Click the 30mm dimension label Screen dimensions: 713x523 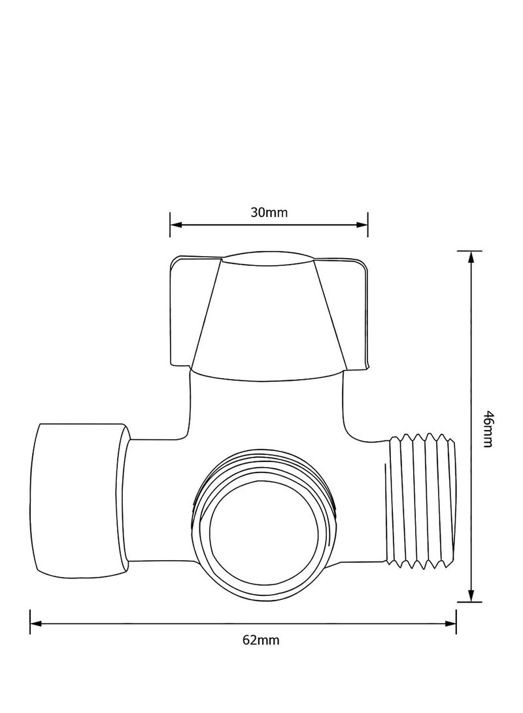pos(269,212)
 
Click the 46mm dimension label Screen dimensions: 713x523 pos(487,428)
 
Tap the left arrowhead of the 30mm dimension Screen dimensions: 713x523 pos(175,225)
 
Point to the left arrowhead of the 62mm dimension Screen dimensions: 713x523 pos(36,623)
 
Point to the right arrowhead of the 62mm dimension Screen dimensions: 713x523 pos(450,623)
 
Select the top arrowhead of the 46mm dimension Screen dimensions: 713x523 pos(469,257)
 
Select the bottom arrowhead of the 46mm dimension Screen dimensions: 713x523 pos(469,596)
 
